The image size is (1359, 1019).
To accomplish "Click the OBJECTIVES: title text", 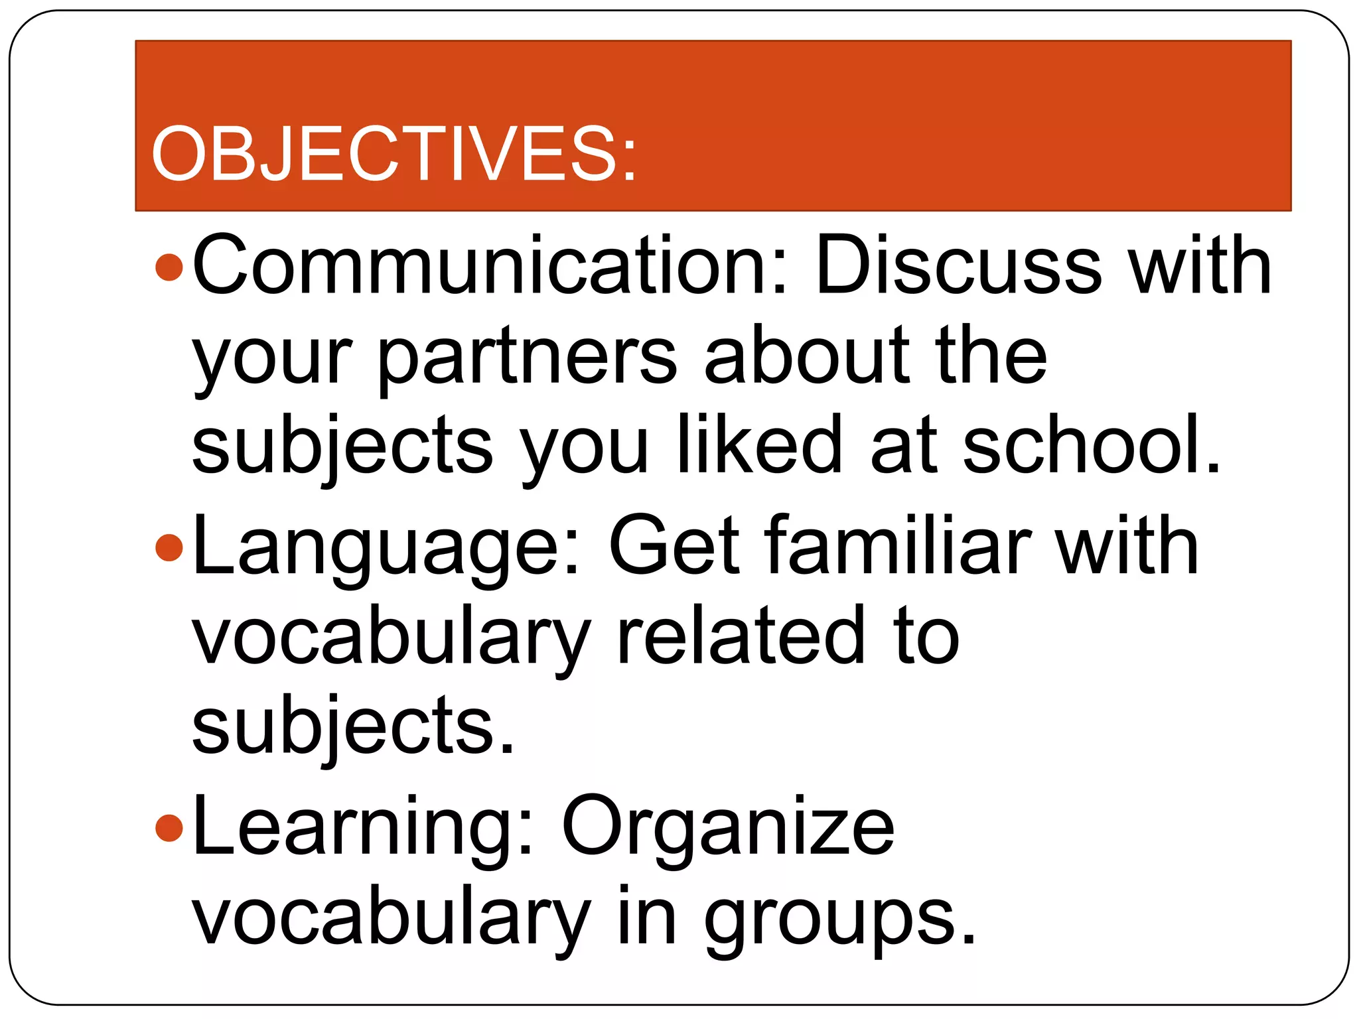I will click(393, 154).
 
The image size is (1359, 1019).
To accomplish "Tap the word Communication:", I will click(490, 265).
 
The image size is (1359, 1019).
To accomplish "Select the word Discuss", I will click(958, 265).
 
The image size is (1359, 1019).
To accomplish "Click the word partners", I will click(528, 358).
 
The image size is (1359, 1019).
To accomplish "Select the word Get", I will click(674, 545).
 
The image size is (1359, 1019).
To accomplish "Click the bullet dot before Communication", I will click(169, 267).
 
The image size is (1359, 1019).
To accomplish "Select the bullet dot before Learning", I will click(169, 828).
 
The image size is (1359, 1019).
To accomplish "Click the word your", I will click(272, 362).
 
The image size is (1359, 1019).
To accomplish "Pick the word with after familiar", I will click(1127, 545).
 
